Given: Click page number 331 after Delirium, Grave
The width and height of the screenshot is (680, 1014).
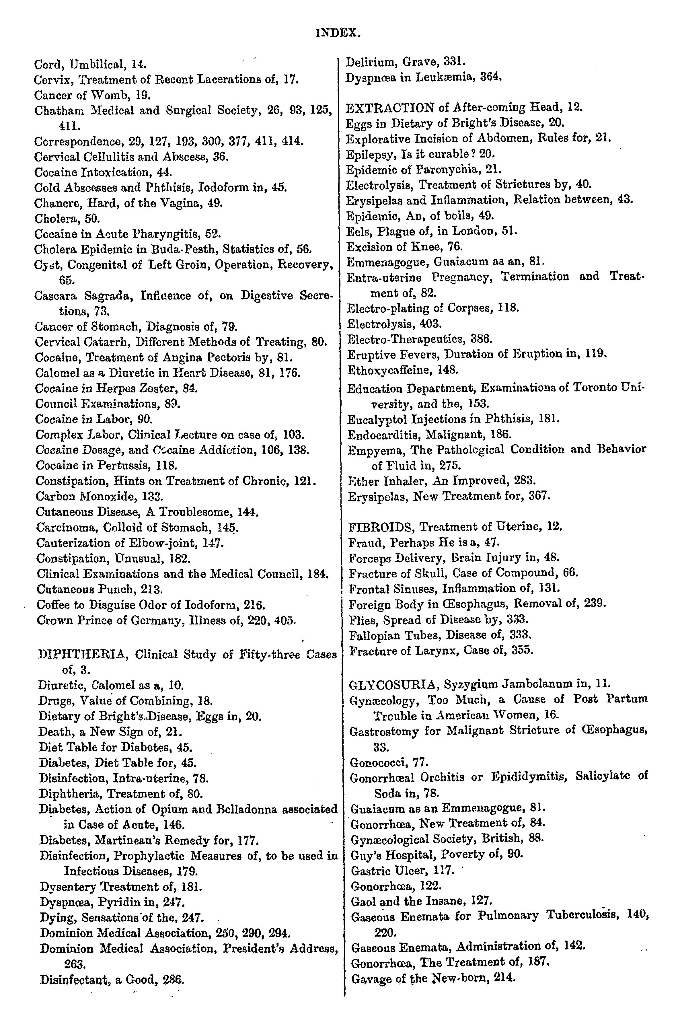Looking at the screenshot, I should click(455, 62).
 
